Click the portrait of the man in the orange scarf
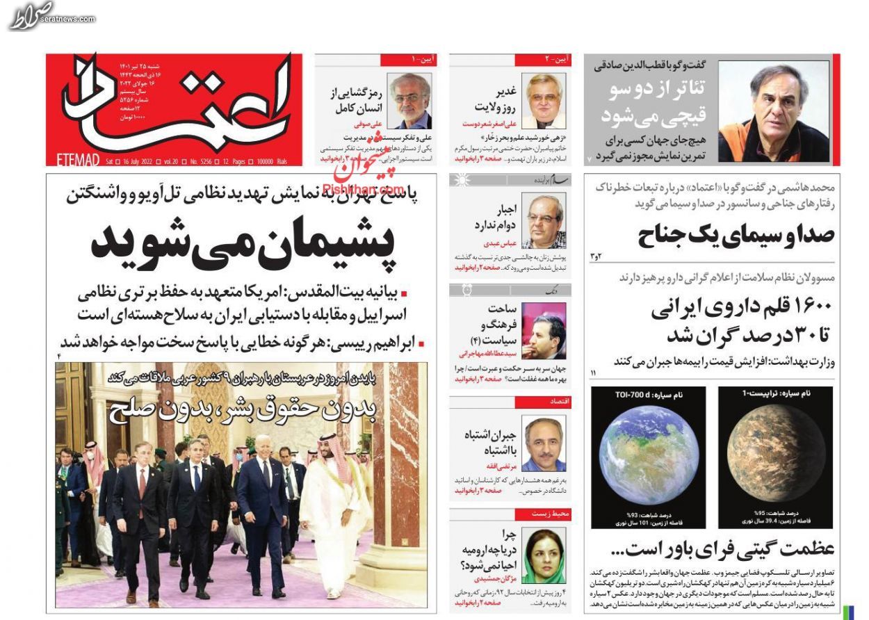(773, 111)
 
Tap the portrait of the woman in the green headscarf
(544, 556)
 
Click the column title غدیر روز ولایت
(495, 99)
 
